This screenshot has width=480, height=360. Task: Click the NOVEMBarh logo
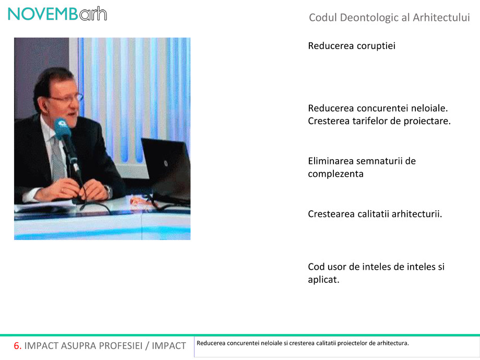point(57,14)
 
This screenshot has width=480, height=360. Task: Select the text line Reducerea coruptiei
point(352,46)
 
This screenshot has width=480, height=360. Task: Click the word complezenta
point(335,174)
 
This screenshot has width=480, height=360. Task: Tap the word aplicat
point(323,280)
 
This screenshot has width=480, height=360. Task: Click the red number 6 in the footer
point(17,345)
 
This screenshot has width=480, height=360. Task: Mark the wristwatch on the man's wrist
point(109,191)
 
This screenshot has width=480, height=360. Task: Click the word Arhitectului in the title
point(441,18)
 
